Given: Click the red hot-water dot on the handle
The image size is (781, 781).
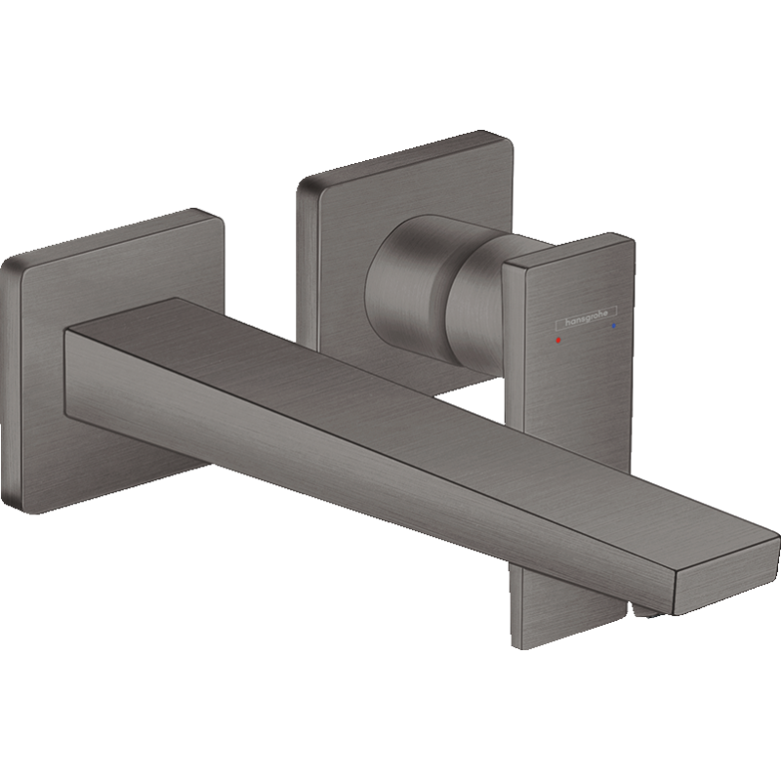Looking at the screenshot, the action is coord(557,340).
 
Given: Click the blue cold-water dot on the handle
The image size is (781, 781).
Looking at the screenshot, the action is coord(614,325).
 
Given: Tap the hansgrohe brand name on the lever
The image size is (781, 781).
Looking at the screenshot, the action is coord(587,318).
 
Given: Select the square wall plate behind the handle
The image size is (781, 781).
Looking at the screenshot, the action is coord(403,249).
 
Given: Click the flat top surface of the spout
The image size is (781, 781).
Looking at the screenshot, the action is coord(398,398).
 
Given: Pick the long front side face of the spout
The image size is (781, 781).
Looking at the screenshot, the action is coord(369,473).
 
